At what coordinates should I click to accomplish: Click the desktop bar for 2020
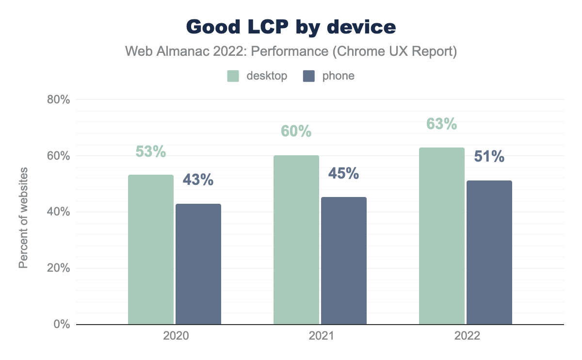(x=151, y=249)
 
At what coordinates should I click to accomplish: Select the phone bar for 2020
(x=198, y=264)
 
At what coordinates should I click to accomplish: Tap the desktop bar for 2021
(x=296, y=240)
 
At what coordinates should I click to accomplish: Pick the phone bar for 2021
(x=344, y=261)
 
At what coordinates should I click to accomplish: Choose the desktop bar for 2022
(x=442, y=236)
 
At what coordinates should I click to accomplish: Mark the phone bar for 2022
(x=489, y=252)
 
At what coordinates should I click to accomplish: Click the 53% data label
(x=151, y=152)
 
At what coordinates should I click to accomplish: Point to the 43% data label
(x=198, y=180)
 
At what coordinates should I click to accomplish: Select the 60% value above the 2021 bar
(x=296, y=131)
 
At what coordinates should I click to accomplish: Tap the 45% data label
(x=343, y=173)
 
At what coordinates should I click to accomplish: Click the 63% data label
(x=442, y=124)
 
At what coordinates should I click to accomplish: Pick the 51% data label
(x=489, y=157)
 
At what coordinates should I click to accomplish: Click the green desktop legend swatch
(x=233, y=76)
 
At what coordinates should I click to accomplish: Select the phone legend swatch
(x=308, y=76)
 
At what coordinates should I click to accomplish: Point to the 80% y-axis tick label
(x=59, y=100)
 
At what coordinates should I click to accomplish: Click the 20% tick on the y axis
(x=59, y=268)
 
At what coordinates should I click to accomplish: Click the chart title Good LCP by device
(x=291, y=27)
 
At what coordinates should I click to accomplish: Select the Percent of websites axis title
(x=23, y=218)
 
